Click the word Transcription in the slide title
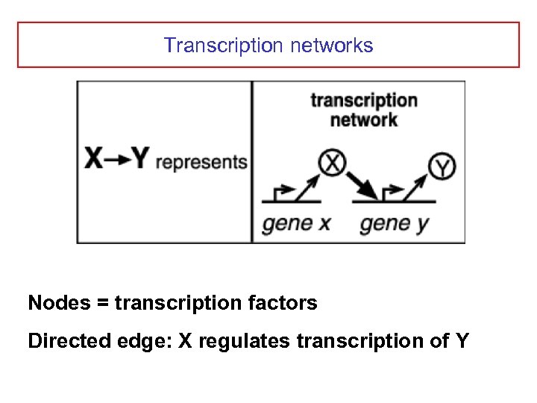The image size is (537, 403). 223,46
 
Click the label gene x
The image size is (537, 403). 296,223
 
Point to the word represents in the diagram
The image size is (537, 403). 201,161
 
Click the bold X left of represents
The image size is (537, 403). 95,158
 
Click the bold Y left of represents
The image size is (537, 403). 139,158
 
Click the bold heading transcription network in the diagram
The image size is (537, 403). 363,110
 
